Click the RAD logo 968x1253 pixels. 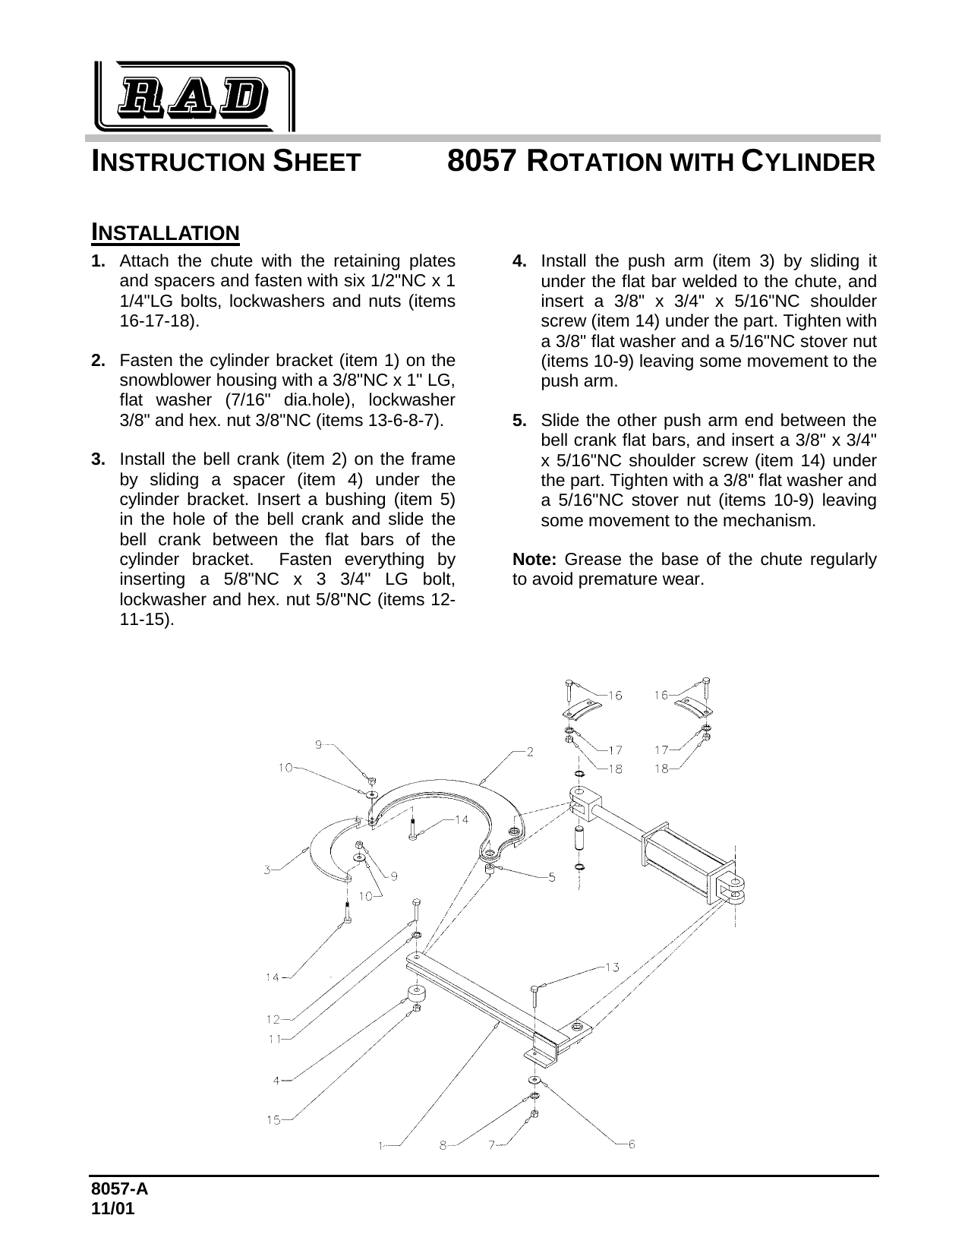194,96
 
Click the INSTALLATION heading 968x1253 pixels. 165,232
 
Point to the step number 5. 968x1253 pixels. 520,420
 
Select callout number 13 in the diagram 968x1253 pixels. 612,967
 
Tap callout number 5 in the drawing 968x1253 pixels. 552,877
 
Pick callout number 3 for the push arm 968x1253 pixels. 268,870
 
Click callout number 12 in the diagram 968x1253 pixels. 273,1019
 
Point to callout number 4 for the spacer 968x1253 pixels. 277,1079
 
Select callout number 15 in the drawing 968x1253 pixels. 273,1119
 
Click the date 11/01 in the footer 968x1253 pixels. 113,1209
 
